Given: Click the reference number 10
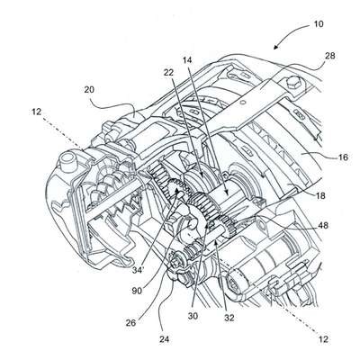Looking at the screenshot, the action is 319,24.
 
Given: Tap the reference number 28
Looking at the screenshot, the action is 329,56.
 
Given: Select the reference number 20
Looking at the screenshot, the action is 89,89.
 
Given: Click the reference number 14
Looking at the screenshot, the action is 186,60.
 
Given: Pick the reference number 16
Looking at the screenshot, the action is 343,157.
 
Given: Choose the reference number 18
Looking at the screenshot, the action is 320,195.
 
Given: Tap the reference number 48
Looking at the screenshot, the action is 322,225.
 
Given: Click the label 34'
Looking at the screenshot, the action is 139,270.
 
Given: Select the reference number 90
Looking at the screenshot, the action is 137,291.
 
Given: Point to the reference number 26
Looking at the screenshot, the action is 130,323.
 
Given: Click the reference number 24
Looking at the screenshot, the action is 164,339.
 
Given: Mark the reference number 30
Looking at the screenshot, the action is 193,316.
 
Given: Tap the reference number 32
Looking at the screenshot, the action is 229,318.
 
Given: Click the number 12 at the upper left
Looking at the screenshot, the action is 36,112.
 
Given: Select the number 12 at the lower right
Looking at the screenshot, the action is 323,339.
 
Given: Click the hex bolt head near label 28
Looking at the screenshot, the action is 293,82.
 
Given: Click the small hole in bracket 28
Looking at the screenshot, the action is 243,103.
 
